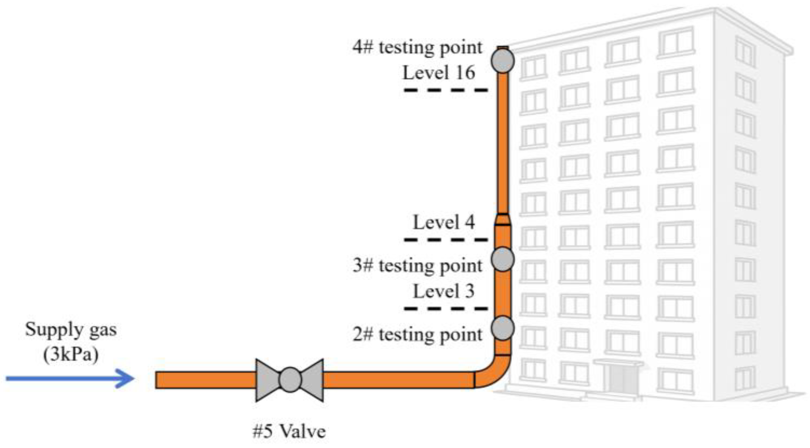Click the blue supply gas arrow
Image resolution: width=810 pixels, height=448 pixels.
[70, 378]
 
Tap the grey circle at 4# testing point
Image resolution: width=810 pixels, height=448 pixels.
[503, 61]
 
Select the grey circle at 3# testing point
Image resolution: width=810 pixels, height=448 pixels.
[503, 259]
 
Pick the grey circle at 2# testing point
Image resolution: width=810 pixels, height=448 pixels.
[503, 328]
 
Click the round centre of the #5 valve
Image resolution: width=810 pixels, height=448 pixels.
[290, 380]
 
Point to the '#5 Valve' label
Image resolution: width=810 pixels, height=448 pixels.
[289, 431]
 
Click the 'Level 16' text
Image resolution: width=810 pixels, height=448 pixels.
[439, 73]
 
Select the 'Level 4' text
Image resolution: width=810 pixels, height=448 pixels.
[444, 222]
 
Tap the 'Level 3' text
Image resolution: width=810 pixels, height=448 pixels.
[444, 291]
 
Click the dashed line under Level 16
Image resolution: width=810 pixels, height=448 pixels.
[445, 90]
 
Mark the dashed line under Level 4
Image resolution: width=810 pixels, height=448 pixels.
[445, 239]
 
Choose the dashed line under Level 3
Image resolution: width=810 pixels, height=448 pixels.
[445, 308]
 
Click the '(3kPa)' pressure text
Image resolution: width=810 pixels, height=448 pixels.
[71, 355]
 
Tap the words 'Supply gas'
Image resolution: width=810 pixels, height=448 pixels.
[71, 330]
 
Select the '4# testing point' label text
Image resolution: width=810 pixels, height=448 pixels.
[417, 47]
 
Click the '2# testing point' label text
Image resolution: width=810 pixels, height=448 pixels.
[417, 335]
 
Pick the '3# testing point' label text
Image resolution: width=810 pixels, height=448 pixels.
[417, 266]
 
